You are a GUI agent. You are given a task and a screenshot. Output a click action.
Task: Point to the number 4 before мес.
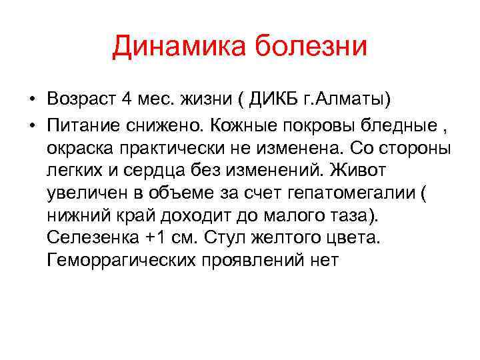(x=127, y=99)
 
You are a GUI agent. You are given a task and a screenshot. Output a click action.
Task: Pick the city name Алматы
(x=357, y=99)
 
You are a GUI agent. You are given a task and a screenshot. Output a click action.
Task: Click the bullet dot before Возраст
(x=31, y=100)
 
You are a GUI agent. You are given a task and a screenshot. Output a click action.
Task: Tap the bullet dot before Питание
(x=31, y=124)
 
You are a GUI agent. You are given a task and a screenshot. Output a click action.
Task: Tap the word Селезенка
(x=89, y=237)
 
